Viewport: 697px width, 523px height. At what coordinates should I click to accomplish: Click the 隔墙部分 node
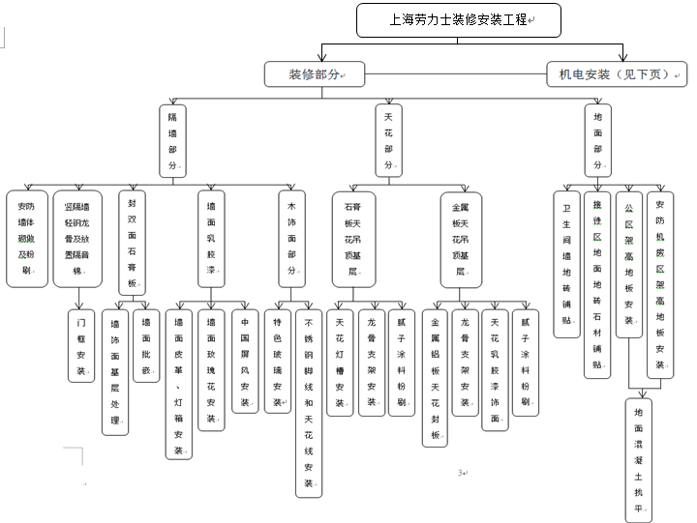(x=173, y=140)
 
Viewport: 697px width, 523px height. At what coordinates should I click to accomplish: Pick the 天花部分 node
(x=388, y=140)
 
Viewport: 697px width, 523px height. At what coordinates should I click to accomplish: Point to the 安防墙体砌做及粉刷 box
(x=26, y=238)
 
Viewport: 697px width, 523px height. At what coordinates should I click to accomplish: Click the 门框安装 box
(x=82, y=344)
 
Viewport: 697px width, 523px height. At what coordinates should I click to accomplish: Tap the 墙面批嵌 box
(x=146, y=346)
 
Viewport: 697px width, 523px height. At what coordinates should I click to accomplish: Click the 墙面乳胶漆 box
(x=212, y=238)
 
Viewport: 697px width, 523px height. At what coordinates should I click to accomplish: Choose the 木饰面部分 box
(x=291, y=238)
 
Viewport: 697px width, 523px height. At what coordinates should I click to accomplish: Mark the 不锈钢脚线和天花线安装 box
(x=310, y=401)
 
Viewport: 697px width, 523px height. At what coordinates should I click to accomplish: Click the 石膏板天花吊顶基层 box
(x=350, y=238)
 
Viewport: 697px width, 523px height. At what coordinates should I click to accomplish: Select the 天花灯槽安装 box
(x=340, y=362)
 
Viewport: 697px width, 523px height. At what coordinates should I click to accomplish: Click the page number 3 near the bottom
(x=461, y=473)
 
